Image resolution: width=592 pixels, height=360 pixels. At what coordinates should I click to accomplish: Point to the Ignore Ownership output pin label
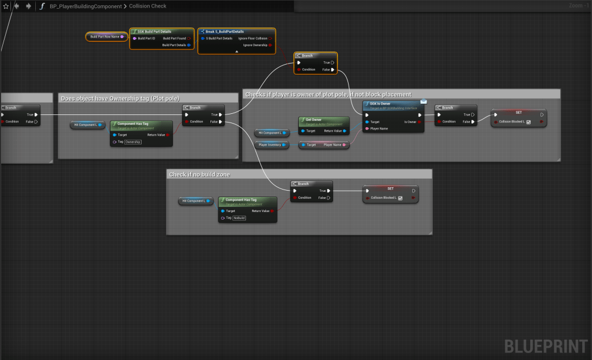(x=255, y=44)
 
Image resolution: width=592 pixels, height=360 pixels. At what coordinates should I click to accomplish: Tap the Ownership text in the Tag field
(x=133, y=142)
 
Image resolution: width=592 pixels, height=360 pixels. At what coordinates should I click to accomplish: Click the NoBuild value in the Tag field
(x=239, y=218)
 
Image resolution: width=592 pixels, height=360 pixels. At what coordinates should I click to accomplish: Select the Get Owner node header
(x=313, y=120)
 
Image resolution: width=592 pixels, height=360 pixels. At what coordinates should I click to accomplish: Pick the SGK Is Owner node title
(x=380, y=104)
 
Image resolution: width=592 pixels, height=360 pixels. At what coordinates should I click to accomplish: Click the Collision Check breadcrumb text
(x=147, y=6)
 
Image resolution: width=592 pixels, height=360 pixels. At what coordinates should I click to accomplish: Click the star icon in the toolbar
(x=6, y=6)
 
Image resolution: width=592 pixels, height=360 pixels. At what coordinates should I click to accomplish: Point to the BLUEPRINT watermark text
(x=546, y=346)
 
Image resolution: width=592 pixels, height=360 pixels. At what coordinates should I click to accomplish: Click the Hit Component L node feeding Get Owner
(x=270, y=133)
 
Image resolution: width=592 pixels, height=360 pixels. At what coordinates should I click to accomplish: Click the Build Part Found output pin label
(x=174, y=38)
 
